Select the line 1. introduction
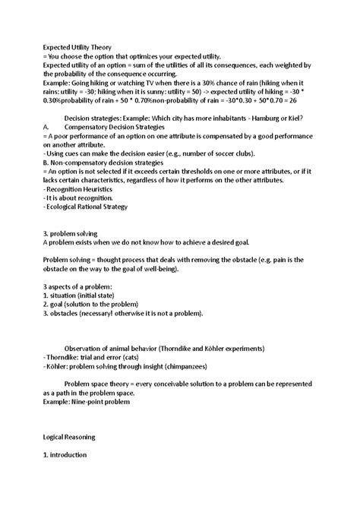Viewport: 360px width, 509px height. click(x=65, y=454)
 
